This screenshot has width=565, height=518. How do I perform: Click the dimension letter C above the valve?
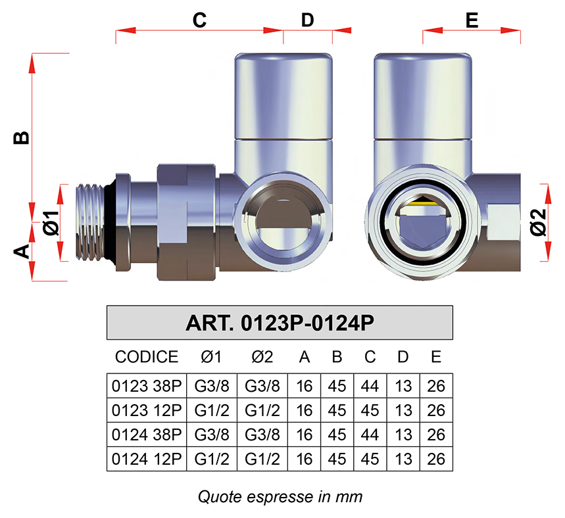[199, 20]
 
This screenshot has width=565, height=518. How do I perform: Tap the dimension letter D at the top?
[307, 20]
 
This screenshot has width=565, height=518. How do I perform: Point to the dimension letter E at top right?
[472, 20]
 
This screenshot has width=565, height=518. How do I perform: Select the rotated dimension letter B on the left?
[22, 137]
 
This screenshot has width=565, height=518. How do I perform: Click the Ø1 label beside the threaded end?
[51, 224]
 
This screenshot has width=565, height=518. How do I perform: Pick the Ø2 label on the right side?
[538, 224]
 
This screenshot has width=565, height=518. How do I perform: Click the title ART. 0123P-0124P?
[280, 323]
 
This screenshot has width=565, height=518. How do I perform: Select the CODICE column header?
[147, 357]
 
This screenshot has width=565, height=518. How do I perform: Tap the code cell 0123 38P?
[147, 386]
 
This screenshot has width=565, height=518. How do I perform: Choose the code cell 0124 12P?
[147, 459]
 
